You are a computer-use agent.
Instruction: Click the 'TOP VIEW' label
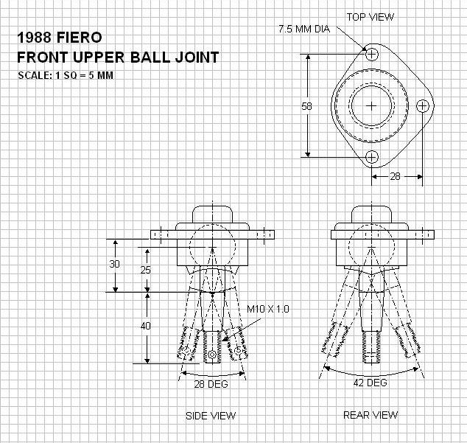point(370,16)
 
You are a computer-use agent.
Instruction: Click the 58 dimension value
point(307,106)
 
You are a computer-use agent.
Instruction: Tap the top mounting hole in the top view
point(372,55)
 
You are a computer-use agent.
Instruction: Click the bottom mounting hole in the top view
point(372,156)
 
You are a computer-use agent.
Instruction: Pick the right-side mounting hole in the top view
point(422,105)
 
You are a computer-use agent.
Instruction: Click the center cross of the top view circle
point(372,105)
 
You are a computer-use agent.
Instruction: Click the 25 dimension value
point(145,270)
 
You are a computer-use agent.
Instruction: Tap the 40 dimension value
point(146,325)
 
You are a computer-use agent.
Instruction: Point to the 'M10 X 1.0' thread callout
point(268,309)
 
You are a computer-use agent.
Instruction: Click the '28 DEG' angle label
point(212,384)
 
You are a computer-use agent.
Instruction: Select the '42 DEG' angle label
point(366,383)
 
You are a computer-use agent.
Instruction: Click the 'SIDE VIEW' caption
point(211,416)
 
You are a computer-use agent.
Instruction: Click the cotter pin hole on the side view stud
point(213,355)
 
